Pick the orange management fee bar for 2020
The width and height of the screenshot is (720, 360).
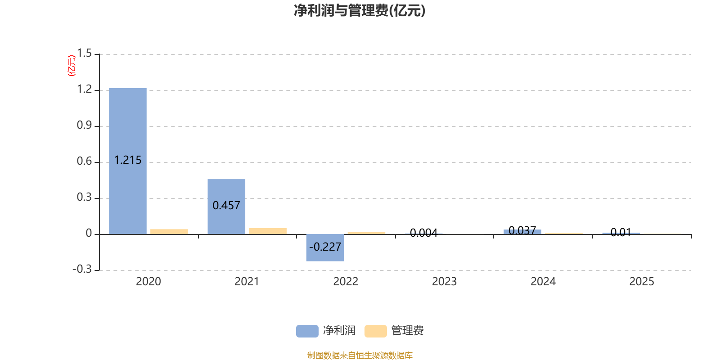(x=169, y=231)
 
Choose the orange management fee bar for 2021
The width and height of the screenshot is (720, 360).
(x=268, y=231)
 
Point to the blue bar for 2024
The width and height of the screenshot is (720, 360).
(x=522, y=232)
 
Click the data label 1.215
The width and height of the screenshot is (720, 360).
(x=128, y=160)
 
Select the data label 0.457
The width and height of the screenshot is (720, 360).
(x=226, y=206)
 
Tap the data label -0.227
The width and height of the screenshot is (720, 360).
(x=325, y=247)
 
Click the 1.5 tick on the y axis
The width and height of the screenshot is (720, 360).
(x=84, y=54)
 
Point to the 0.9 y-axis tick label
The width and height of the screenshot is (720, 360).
(x=84, y=126)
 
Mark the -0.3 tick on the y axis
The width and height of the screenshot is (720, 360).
(x=82, y=269)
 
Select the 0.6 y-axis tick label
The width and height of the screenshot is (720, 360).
(x=84, y=162)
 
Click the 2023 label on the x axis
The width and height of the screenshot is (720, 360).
(x=444, y=282)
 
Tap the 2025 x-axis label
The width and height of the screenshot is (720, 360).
(x=641, y=282)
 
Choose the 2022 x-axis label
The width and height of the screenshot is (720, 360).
(x=346, y=282)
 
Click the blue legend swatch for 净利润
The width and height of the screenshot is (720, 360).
(x=307, y=331)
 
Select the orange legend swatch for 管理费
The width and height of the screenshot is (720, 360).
(x=375, y=331)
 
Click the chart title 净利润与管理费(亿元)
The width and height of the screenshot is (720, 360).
(x=360, y=10)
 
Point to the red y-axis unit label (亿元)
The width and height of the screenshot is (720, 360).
(x=72, y=66)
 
